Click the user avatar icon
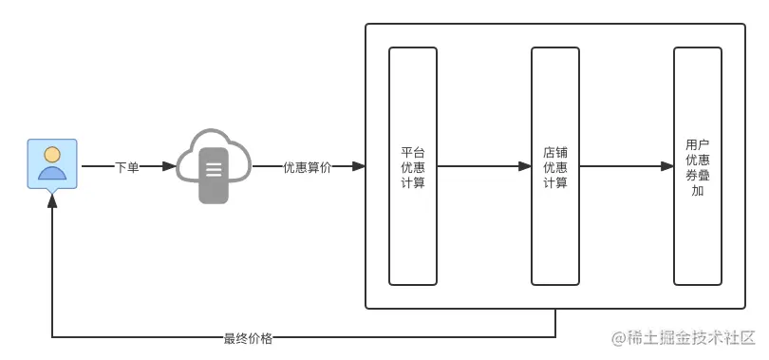click(x=52, y=163)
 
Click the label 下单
click(x=127, y=167)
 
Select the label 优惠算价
click(x=307, y=167)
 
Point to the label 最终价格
click(x=248, y=337)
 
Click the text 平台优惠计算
click(x=413, y=166)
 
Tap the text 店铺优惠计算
click(x=555, y=166)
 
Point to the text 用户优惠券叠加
click(x=698, y=167)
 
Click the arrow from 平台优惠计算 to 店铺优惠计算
click(x=484, y=166)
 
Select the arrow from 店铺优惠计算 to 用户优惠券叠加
click(x=627, y=166)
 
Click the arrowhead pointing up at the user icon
click(x=52, y=203)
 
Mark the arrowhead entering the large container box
click(x=359, y=166)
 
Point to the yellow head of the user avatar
click(x=52, y=154)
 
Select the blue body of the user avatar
click(x=52, y=172)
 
